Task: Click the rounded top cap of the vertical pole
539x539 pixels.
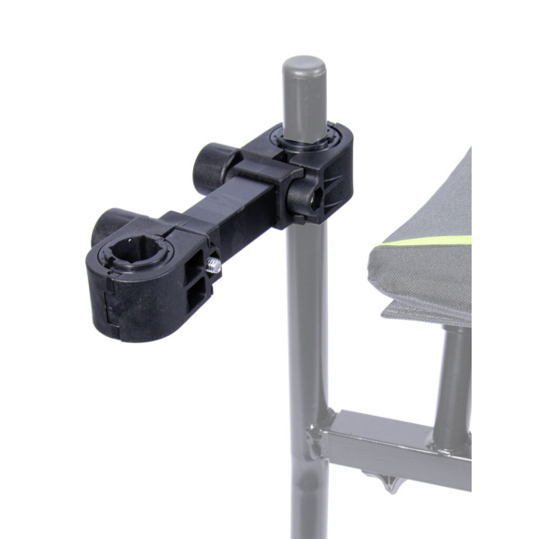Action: [x=304, y=68]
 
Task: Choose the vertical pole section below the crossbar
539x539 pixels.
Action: [x=305, y=503]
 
